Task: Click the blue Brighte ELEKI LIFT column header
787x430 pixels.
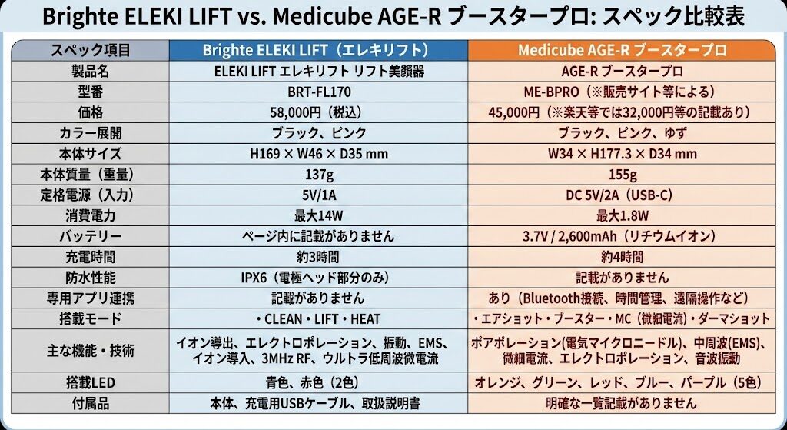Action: tap(318, 51)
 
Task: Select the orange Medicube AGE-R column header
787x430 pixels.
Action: tap(622, 51)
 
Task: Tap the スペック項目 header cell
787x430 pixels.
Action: tap(90, 51)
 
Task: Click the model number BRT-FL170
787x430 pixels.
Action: tap(318, 92)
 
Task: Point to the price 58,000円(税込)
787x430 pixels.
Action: tap(318, 112)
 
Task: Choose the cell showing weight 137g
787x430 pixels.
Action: tap(318, 174)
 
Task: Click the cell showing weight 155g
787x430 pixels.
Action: tap(622, 174)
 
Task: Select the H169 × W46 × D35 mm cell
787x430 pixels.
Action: tap(318, 154)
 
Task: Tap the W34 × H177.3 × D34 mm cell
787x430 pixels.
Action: tap(622, 154)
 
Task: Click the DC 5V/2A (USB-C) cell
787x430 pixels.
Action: tap(622, 195)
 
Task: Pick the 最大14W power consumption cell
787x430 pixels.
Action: tap(318, 215)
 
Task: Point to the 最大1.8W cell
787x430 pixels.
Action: tap(622, 215)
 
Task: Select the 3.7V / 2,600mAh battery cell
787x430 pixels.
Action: tap(622, 236)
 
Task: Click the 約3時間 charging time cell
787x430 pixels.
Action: tap(318, 257)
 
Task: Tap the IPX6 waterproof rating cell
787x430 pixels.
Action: tap(318, 277)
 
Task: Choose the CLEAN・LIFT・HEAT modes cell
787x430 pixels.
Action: tap(318, 318)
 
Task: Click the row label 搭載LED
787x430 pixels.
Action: tap(90, 382)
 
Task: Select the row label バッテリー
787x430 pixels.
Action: tap(90, 236)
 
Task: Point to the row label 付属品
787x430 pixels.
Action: tap(90, 403)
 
